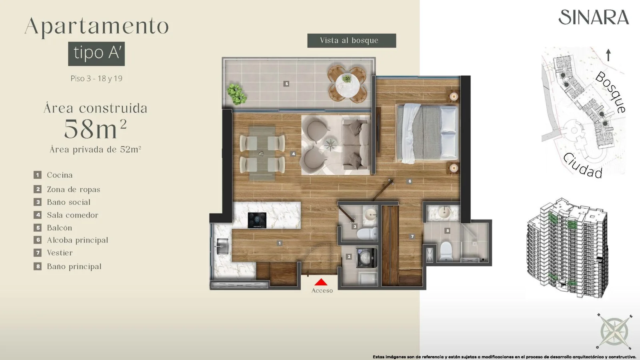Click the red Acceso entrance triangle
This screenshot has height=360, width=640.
click(321, 282)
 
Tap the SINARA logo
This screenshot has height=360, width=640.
click(594, 17)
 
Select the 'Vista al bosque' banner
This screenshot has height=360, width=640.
click(352, 40)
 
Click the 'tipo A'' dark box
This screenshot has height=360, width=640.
click(96, 54)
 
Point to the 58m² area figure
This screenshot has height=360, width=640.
click(96, 129)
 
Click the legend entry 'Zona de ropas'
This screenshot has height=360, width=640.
click(74, 189)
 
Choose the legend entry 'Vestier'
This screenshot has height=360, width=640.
click(60, 252)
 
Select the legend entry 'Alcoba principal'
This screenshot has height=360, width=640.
click(78, 240)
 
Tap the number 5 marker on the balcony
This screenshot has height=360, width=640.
click(286, 84)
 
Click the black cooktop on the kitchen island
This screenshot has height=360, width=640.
click(257, 220)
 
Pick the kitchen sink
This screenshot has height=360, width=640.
click(222, 246)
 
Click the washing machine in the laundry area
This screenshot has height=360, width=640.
click(366, 258)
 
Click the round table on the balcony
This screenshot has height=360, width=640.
click(347, 84)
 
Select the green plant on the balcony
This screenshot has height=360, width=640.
click(236, 94)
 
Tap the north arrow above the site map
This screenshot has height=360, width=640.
click(608, 55)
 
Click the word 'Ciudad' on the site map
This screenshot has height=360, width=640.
click(582, 166)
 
